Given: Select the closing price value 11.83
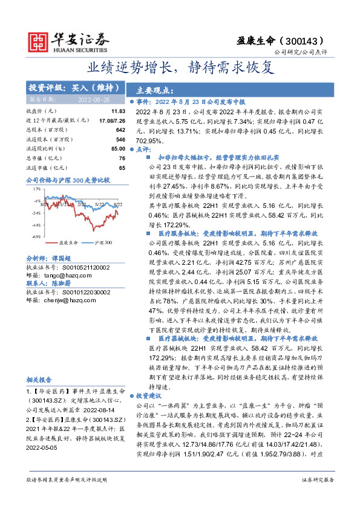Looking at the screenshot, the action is coord(118,112).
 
